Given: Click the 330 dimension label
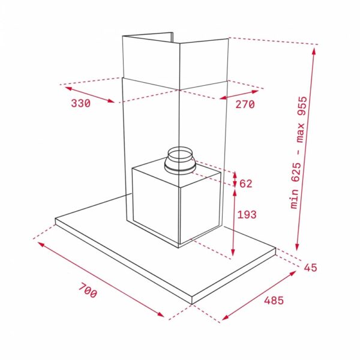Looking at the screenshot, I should pyautogui.click(x=80, y=103).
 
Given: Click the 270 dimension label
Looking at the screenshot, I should pyautogui.click(x=245, y=104).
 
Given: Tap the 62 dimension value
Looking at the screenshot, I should pyautogui.click(x=246, y=184).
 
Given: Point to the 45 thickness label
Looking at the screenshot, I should pyautogui.click(x=310, y=268).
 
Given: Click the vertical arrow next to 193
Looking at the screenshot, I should pyautogui.click(x=234, y=221).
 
